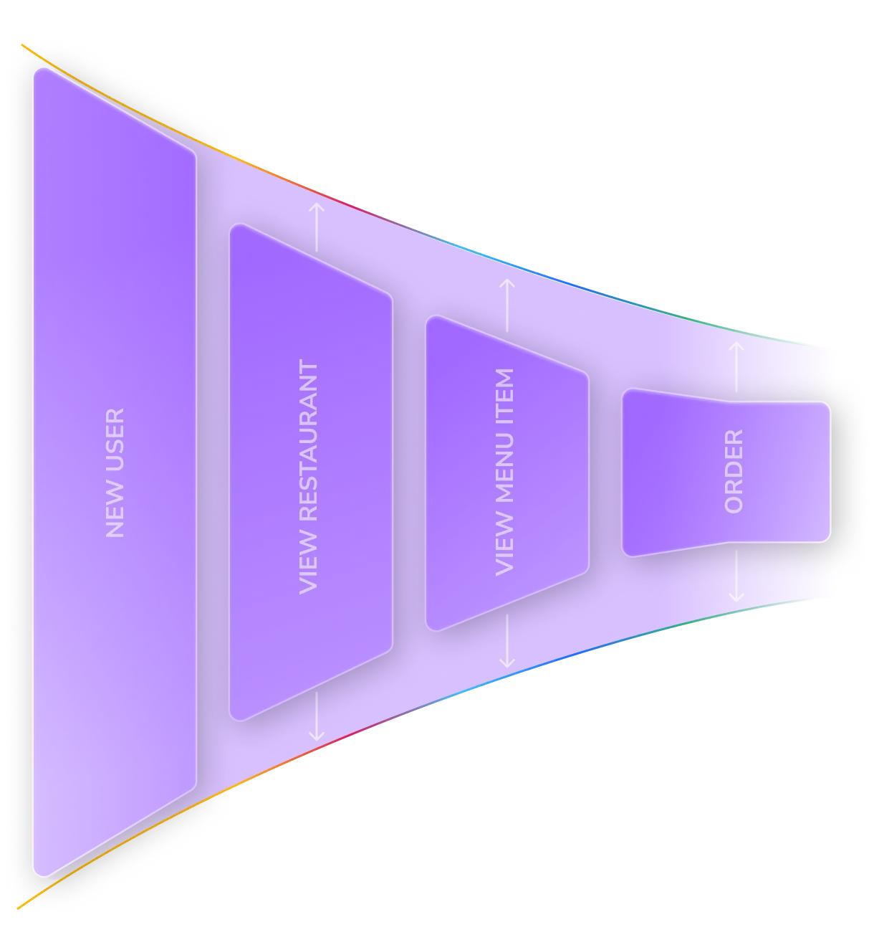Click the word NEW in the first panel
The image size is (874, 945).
(115, 514)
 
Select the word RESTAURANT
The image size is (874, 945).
(309, 441)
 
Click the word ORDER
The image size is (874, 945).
(734, 471)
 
